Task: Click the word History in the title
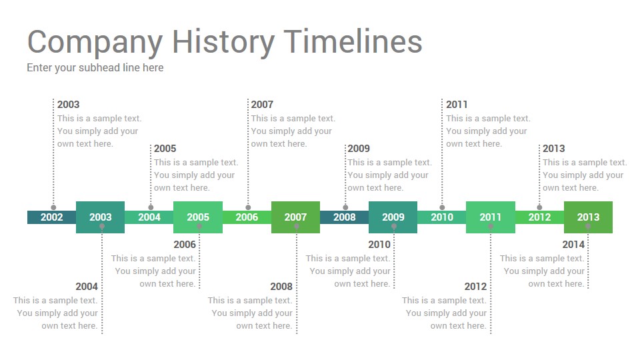coord(223,43)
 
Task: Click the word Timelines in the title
coord(353,41)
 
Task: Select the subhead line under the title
coord(95,68)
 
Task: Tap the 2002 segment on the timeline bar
coord(52,217)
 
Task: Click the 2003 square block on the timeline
coord(101,217)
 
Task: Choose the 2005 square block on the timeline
coord(198,217)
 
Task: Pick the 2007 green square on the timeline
coord(295,217)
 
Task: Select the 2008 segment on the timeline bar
coord(345,217)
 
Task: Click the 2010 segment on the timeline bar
coord(442,217)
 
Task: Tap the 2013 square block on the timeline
coord(588,217)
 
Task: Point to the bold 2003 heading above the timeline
coord(68,105)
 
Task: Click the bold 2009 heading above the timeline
coord(359,149)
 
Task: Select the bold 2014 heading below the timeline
coord(573,245)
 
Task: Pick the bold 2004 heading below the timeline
coord(87,287)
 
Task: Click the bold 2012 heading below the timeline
coord(475,287)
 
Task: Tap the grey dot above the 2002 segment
coord(53,207)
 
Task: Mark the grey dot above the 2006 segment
coord(248,207)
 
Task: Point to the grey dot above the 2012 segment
coord(539,207)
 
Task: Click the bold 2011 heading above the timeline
coord(457,105)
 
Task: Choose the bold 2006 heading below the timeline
coord(185,245)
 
